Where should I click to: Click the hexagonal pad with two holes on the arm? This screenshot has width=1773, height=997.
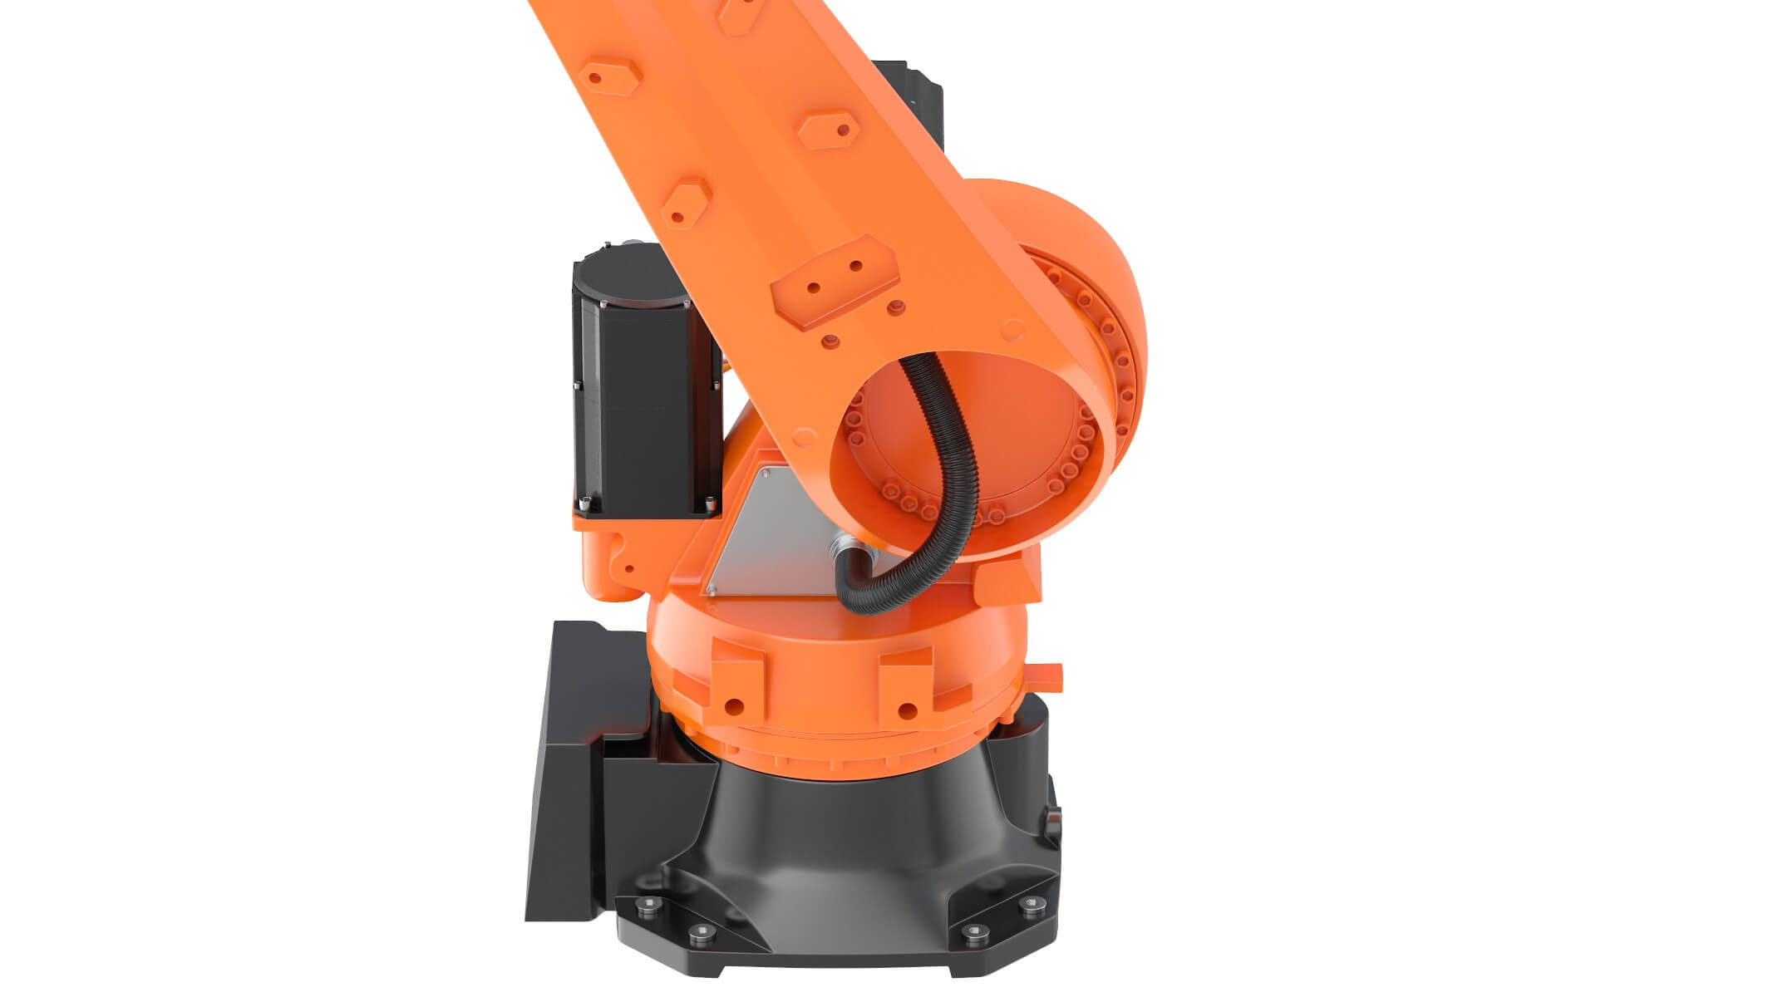point(835,280)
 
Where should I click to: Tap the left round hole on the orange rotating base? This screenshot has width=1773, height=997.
point(733,707)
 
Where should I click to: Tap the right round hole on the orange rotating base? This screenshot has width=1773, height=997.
point(908,710)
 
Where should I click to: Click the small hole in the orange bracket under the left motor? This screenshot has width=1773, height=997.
point(629,569)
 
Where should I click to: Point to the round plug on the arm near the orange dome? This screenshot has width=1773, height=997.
point(1010,330)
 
